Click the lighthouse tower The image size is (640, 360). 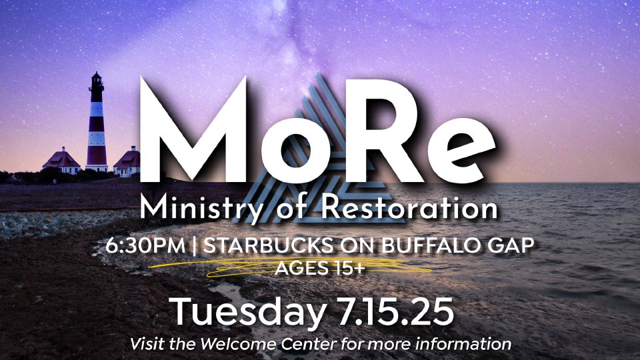pos(97,123)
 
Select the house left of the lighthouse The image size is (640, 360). pos(62,161)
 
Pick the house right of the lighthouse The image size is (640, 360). pos(127,161)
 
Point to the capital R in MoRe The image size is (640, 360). pos(381,130)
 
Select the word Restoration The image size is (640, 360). pos(409,207)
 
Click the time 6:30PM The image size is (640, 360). pos(145,246)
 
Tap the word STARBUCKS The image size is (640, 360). pos(268,246)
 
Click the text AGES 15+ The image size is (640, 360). pos(319,268)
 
